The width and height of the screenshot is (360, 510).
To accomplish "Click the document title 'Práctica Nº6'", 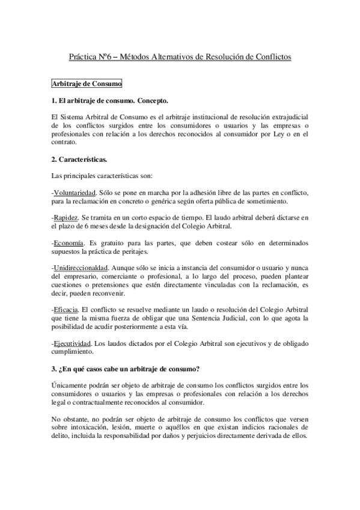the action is click(x=90, y=57).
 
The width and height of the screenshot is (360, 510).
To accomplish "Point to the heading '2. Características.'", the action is click(x=80, y=159).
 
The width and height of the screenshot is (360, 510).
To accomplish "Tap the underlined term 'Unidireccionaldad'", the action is click(x=79, y=267).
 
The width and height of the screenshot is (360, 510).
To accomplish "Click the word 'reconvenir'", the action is click(x=109, y=293).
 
